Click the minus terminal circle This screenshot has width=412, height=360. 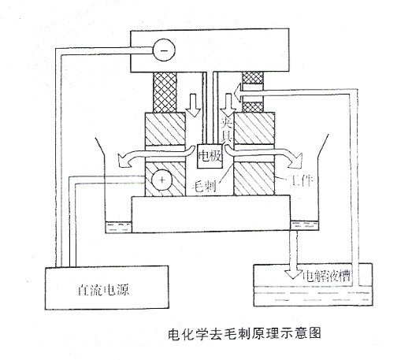164,50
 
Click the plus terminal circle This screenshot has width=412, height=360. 161,180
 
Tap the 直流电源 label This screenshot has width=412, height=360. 103,290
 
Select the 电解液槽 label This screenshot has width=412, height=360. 326,276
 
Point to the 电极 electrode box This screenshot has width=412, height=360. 210,156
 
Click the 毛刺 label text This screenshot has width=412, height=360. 204,186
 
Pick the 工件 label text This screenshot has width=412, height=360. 301,180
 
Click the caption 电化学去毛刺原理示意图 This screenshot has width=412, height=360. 244,334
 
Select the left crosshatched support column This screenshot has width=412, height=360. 165,92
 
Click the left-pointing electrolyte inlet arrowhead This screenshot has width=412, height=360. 239,92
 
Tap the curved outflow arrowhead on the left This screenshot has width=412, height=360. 124,161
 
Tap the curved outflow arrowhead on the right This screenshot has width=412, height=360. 295,160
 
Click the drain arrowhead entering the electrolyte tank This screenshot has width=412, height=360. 294,274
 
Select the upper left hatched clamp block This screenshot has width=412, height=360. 165,128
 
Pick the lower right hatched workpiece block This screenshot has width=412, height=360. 254,179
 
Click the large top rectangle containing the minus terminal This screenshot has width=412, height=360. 210,50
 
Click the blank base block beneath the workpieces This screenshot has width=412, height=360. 211,214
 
